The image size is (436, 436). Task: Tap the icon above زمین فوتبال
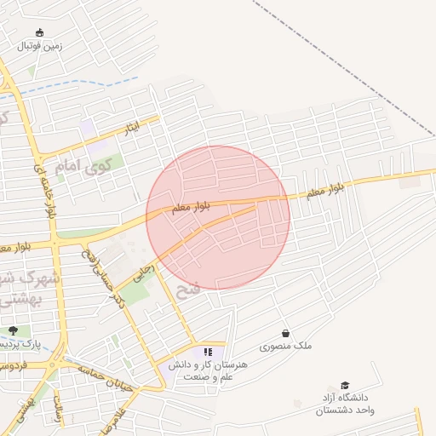(40, 33)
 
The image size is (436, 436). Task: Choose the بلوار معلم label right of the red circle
(325, 189)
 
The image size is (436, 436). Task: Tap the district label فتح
(187, 290)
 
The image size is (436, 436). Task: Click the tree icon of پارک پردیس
(12, 330)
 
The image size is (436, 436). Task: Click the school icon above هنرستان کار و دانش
(208, 351)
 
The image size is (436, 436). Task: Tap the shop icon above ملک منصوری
(284, 334)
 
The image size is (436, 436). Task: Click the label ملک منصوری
(286, 347)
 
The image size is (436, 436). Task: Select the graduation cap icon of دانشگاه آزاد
(345, 385)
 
